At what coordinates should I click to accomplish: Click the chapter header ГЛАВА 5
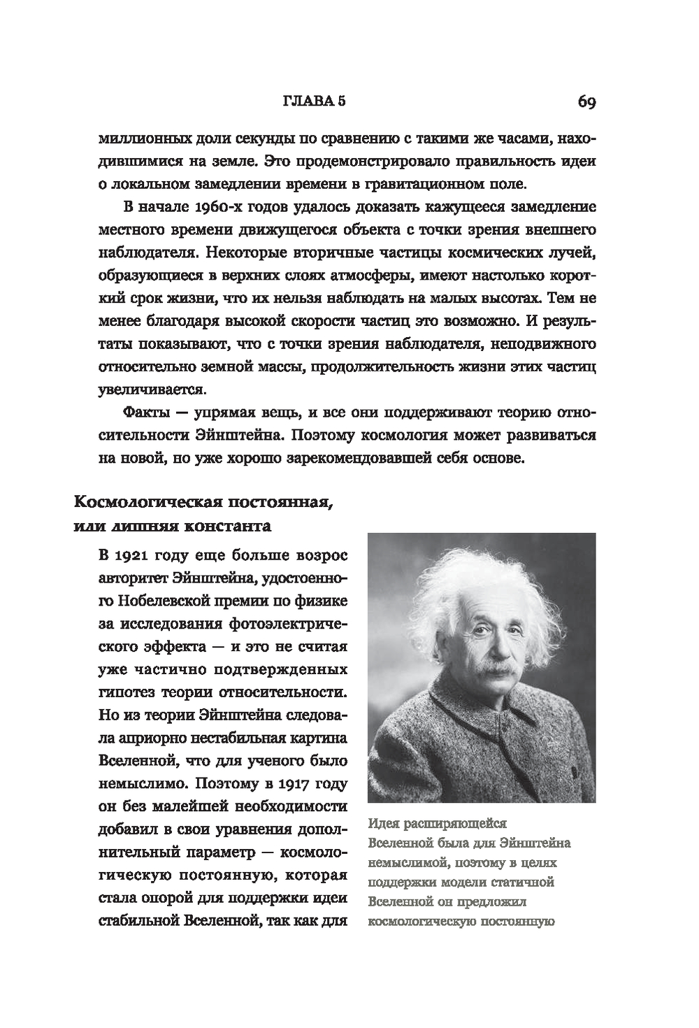click(x=314, y=102)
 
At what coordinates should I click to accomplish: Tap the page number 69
click(x=586, y=103)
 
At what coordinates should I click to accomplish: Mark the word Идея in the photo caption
click(x=382, y=824)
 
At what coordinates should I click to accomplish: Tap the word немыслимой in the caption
click(x=403, y=863)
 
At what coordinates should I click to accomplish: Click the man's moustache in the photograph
click(x=498, y=672)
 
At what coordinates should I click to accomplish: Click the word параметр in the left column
click(x=227, y=853)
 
